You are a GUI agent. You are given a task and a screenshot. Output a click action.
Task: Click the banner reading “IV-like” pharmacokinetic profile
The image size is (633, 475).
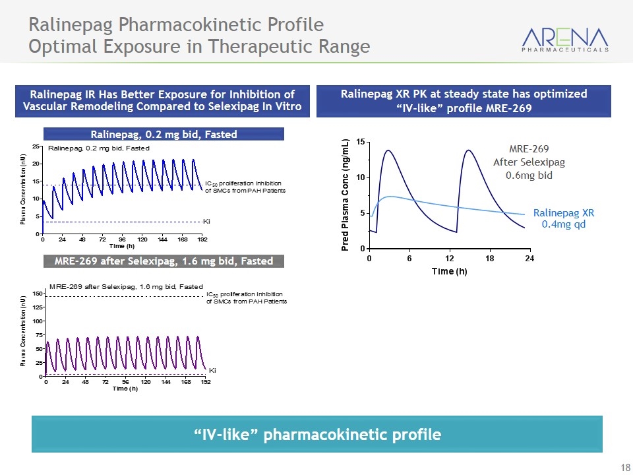(x=316, y=434)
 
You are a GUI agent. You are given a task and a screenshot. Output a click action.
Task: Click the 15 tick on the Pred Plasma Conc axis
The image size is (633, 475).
(x=360, y=142)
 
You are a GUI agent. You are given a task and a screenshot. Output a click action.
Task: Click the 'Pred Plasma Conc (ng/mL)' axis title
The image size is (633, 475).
(x=345, y=195)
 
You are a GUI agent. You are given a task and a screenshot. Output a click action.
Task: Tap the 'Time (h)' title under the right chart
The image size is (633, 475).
(x=448, y=271)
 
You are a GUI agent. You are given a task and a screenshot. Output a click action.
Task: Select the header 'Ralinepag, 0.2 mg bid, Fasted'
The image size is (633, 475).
(x=164, y=135)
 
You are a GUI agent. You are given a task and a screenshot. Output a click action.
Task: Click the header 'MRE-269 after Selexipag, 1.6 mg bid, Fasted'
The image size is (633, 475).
(x=164, y=261)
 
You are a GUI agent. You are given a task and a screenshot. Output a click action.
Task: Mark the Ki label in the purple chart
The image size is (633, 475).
(x=212, y=370)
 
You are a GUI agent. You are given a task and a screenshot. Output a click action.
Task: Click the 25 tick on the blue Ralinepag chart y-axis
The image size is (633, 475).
(x=37, y=146)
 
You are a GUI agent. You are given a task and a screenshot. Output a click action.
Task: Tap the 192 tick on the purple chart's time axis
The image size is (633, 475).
(x=205, y=382)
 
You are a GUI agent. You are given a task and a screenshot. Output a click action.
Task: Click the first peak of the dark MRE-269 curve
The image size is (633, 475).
(x=388, y=150)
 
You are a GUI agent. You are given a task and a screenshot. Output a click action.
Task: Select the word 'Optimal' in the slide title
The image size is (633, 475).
(x=60, y=47)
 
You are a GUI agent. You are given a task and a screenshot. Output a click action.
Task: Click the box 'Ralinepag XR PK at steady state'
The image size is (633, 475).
(x=464, y=100)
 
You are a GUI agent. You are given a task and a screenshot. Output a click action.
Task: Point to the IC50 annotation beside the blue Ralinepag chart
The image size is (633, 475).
(x=245, y=187)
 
